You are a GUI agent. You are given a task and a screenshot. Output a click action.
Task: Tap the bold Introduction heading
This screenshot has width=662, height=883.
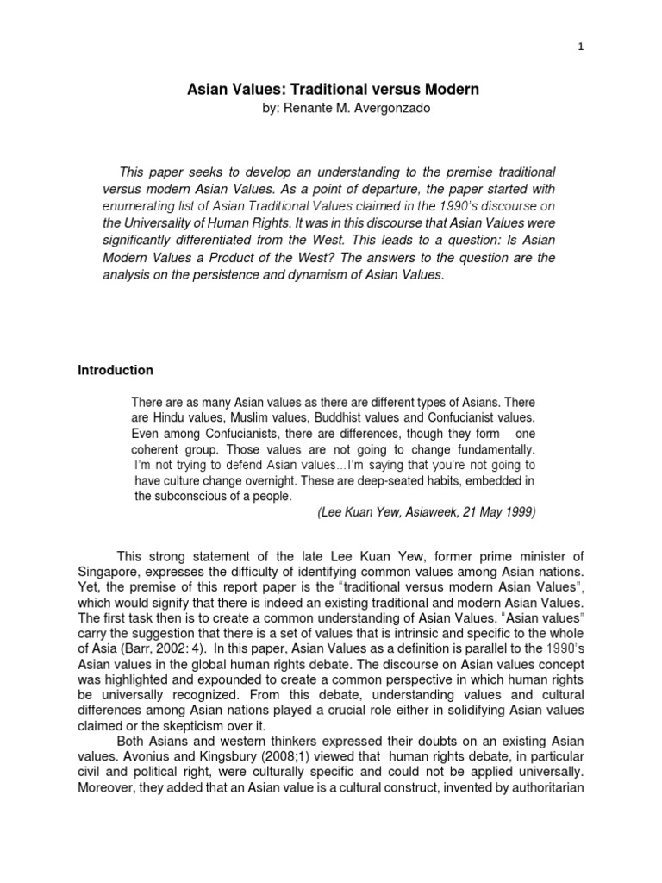pos(116,370)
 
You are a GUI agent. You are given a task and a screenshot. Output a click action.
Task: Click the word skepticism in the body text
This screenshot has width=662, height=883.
pos(184,726)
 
